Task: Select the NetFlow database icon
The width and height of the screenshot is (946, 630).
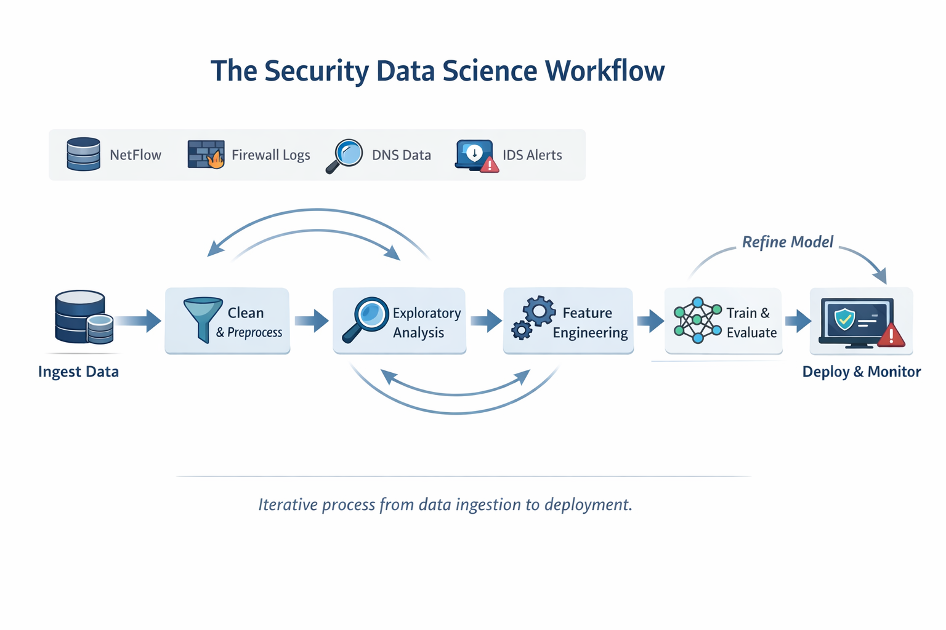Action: [x=83, y=154]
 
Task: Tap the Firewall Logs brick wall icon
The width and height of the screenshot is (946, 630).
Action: [x=204, y=153]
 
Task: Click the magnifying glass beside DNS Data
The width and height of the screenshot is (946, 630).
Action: [x=346, y=156]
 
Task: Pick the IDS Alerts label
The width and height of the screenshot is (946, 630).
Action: [x=532, y=155]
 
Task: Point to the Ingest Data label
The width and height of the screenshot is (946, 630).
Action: [x=78, y=372]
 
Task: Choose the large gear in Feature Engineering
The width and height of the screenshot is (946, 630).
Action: [x=540, y=311]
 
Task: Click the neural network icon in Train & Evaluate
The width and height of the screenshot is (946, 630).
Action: [x=697, y=321]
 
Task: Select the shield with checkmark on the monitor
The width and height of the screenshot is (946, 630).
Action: [x=844, y=319]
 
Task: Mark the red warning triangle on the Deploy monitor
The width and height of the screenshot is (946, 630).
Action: [x=891, y=336]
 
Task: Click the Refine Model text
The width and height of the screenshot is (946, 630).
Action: [x=787, y=242]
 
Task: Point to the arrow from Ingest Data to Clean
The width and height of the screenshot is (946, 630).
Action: [x=139, y=321]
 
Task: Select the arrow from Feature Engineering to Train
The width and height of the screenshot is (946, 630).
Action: [x=650, y=321]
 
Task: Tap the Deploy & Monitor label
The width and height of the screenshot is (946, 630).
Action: [x=861, y=372]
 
